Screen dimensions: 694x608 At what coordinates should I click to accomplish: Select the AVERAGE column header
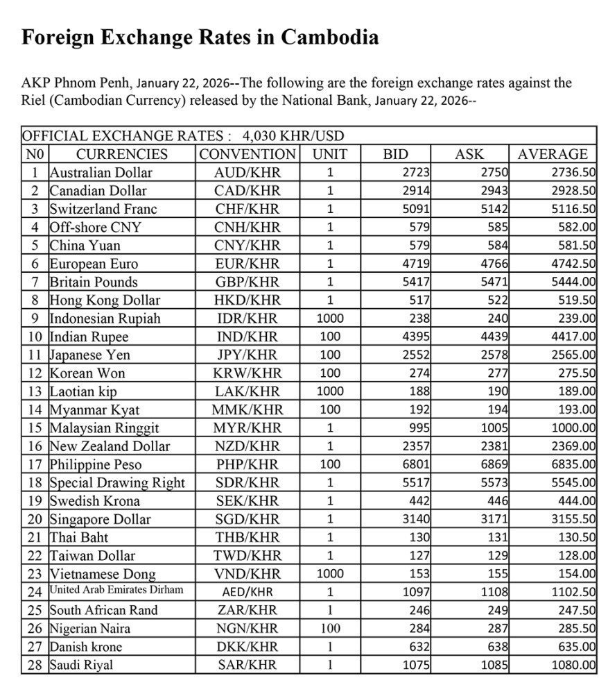tap(553, 154)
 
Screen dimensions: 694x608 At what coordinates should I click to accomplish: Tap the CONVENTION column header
tap(247, 154)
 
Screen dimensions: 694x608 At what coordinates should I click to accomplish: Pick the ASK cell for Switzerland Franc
tap(495, 209)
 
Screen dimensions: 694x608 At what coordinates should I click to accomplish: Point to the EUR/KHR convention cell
tap(247, 264)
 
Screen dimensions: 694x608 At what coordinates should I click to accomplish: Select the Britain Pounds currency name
tap(94, 282)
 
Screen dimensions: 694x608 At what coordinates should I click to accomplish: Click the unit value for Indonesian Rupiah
tap(330, 319)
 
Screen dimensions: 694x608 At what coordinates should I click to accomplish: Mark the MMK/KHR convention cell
tap(247, 409)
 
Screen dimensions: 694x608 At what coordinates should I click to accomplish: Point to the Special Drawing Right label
tap(117, 482)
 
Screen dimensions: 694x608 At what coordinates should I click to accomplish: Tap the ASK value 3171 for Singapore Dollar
tap(495, 519)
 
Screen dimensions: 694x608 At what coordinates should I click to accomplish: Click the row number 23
tap(34, 574)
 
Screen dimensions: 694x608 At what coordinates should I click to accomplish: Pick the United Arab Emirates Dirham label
tap(116, 591)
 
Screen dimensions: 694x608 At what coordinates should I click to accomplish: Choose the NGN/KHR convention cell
tap(247, 629)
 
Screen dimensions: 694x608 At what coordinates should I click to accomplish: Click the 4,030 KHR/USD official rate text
tap(294, 136)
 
